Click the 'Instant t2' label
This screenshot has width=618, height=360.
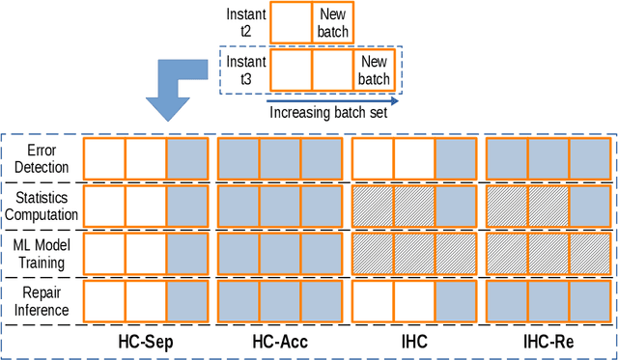(246, 22)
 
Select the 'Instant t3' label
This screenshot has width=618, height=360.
(246, 69)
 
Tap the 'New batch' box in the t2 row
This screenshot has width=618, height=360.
(331, 22)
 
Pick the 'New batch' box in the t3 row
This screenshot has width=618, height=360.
(374, 70)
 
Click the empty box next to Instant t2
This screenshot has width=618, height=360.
(290, 22)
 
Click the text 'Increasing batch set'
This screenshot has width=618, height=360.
(333, 112)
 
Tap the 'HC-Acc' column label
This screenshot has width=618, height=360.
(279, 341)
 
